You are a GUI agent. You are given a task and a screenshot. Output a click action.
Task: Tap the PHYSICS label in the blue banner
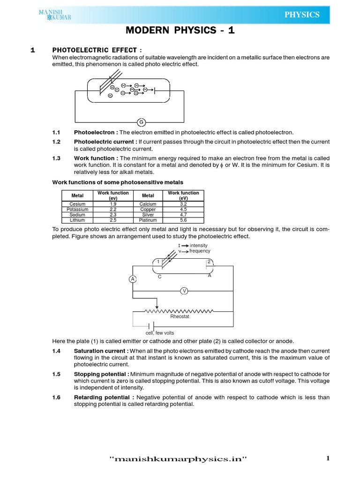point(302,15)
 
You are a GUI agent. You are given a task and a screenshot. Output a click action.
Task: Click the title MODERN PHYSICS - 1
point(180,30)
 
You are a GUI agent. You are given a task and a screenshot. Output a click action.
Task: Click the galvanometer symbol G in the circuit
point(141,122)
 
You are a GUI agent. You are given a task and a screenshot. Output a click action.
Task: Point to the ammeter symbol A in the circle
point(133,279)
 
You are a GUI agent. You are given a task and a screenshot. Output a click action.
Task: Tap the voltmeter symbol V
point(184,291)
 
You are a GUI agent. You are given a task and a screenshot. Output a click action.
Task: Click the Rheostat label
point(180,317)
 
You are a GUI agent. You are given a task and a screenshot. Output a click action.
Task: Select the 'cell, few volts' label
point(159,333)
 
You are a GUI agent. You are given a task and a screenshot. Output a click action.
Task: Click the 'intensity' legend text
point(198,245)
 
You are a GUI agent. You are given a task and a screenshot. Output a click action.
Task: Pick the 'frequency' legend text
point(200,251)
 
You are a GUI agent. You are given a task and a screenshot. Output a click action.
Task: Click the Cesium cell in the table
point(77,204)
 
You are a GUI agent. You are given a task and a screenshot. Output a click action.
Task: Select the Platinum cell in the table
point(148,220)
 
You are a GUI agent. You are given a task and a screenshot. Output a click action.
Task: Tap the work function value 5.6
point(183,220)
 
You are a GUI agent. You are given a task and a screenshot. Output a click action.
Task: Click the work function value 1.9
point(113,204)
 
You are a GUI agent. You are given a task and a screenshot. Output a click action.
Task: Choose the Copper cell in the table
point(148,210)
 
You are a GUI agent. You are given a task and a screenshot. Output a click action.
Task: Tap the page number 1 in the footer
point(328,458)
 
